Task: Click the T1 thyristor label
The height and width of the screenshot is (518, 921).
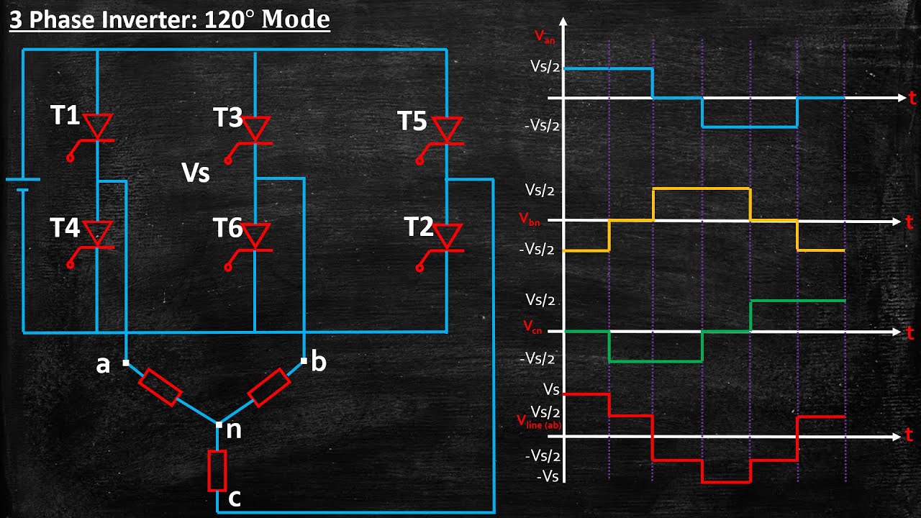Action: tap(65, 114)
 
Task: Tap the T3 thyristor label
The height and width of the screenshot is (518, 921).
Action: tap(228, 117)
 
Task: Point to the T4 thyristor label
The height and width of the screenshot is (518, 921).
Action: tap(65, 227)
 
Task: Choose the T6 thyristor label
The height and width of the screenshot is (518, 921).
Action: tap(228, 227)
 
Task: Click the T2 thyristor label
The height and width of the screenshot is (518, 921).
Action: tap(419, 227)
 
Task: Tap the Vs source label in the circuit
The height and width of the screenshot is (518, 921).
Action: tap(196, 173)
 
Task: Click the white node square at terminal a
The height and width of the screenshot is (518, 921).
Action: tap(126, 363)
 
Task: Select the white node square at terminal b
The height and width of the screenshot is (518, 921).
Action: tap(304, 361)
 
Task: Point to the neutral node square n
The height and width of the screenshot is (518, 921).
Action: tap(219, 424)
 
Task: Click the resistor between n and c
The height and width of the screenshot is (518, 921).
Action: tap(217, 471)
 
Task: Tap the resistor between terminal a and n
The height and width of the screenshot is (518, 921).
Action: tap(160, 387)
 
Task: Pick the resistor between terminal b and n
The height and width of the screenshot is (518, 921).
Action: tap(269, 388)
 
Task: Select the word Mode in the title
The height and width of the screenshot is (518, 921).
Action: tap(296, 19)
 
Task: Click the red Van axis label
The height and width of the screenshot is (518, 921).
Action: tap(545, 37)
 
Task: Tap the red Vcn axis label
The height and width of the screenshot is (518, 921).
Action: tap(532, 327)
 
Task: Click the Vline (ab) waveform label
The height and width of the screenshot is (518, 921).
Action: tap(539, 422)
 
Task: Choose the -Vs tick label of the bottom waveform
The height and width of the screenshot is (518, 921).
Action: tap(548, 476)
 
